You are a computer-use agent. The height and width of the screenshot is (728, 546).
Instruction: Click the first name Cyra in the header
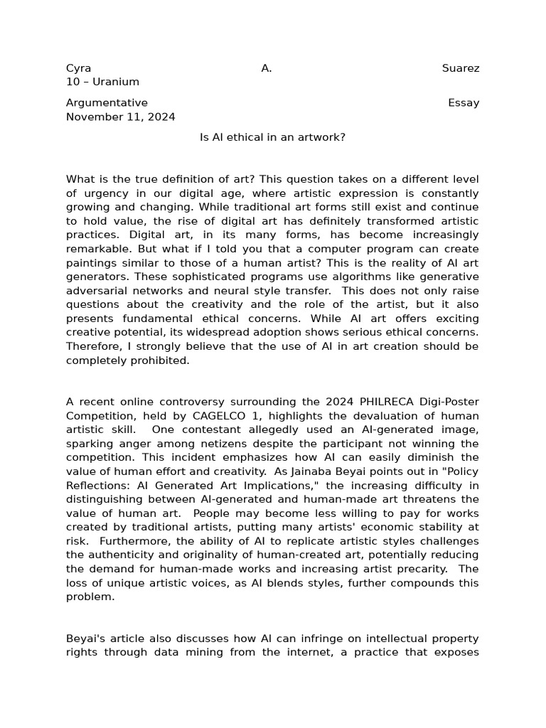tap(78, 69)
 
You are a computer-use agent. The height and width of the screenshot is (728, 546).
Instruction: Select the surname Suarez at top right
tap(460, 69)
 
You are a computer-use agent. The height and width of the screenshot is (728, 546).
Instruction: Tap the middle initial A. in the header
tap(267, 69)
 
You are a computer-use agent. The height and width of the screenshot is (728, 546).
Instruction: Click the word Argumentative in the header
tap(107, 103)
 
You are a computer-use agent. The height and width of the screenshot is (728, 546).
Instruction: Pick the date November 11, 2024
tap(120, 117)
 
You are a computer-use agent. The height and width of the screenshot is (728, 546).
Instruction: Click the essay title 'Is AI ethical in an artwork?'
tap(272, 137)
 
